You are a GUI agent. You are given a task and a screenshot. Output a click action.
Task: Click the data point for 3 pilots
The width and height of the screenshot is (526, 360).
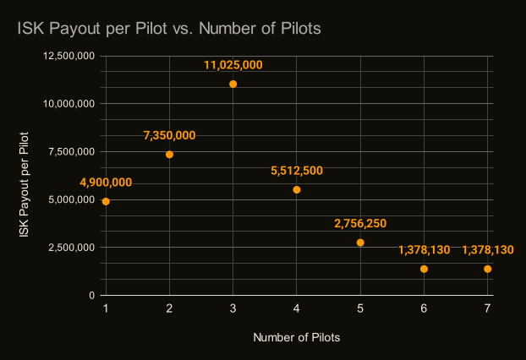click(x=233, y=85)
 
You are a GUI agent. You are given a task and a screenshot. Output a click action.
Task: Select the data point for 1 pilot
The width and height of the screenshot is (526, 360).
click(x=106, y=201)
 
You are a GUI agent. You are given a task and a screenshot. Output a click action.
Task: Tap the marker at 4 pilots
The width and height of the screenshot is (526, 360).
click(x=297, y=189)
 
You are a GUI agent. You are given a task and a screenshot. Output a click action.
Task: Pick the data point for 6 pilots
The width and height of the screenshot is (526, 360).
click(x=424, y=269)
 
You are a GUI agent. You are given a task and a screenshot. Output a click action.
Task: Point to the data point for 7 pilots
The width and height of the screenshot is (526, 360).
click(x=487, y=269)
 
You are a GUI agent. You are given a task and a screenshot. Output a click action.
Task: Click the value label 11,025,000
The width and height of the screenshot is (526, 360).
click(x=233, y=64)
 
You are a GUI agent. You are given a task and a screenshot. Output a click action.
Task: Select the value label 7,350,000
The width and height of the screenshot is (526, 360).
click(x=170, y=135)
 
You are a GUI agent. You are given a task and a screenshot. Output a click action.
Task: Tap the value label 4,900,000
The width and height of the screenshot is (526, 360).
click(x=106, y=183)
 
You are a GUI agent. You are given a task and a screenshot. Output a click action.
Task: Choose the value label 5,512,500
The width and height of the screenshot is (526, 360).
click(x=297, y=171)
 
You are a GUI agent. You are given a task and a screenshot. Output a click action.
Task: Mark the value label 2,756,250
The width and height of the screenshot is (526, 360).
click(x=360, y=223)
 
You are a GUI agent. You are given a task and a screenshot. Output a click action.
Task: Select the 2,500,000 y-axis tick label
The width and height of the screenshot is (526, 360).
click(x=72, y=248)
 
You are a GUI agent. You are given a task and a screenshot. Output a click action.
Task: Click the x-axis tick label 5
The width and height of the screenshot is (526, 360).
click(x=360, y=309)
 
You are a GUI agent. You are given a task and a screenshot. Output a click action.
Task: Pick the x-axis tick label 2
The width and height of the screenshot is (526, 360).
click(x=170, y=309)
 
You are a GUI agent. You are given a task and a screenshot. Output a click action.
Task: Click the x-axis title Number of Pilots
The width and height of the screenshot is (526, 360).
click(x=296, y=337)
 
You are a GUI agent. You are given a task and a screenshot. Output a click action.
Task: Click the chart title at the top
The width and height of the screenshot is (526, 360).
click(x=169, y=29)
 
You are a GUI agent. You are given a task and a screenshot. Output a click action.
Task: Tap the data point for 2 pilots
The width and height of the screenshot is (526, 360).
click(x=170, y=155)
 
